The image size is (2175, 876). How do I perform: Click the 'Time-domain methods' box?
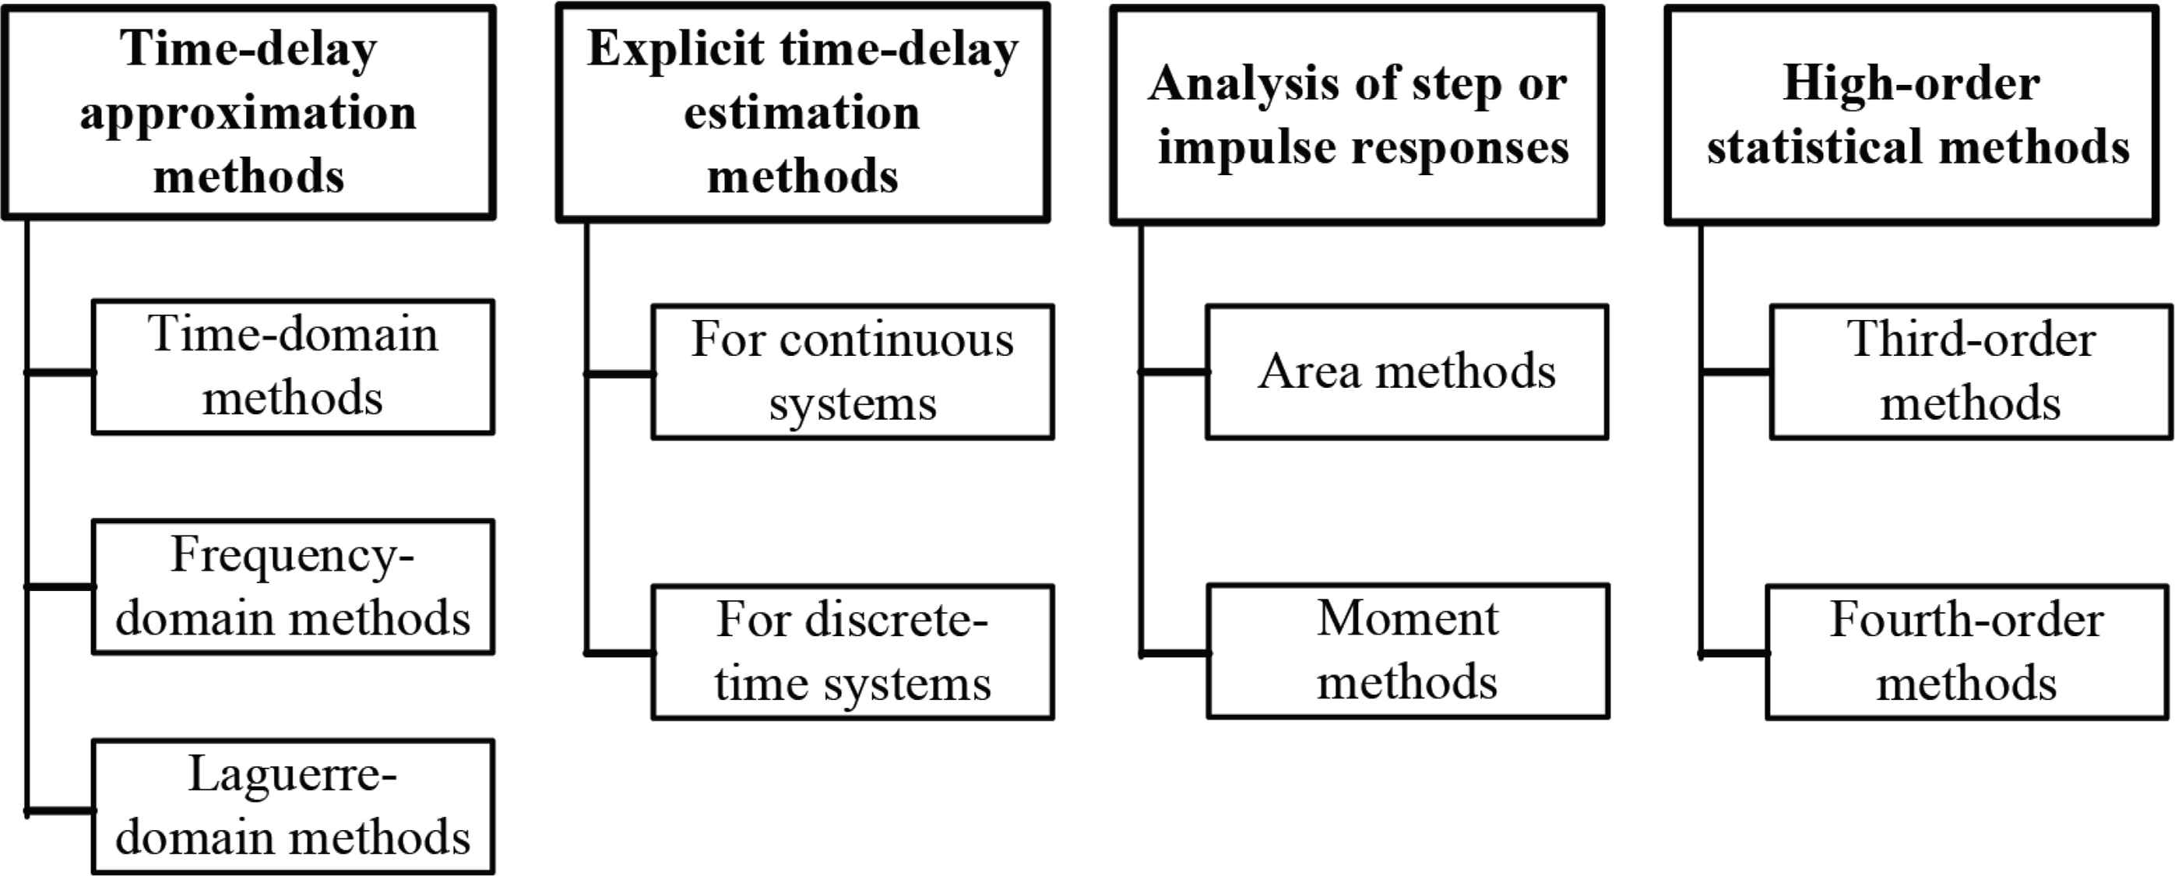pos(293,367)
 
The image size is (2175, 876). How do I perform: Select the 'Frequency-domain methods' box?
pos(293,586)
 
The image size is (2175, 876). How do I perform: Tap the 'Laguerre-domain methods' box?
pos(293,807)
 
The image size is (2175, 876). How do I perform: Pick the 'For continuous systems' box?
pos(853,372)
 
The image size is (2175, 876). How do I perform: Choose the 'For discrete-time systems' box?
pos(853,653)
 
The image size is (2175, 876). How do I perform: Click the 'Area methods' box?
pos(1406,372)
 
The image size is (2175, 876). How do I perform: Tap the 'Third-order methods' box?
pos(1972,372)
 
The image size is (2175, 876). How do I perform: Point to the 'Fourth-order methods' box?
pos(1968,653)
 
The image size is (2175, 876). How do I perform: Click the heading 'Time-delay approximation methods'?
pos(248,112)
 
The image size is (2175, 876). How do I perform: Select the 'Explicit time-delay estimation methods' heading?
pos(803,112)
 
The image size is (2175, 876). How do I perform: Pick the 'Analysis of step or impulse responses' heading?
pos(1357,114)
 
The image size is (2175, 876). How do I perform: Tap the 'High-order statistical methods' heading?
pos(1912,114)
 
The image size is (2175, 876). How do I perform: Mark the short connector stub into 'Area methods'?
pos(1174,371)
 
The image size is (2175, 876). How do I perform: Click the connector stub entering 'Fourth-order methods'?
pos(1733,653)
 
